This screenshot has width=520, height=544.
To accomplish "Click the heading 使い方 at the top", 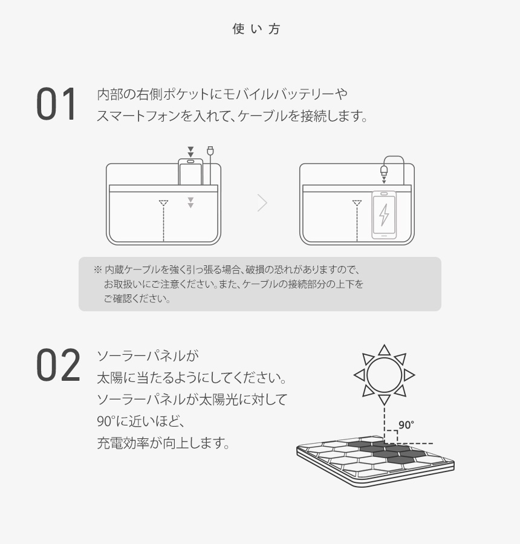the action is pos(256,29).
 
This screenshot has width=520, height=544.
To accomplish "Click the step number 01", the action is pos(56,104).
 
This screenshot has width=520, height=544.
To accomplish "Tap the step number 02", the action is pos(58,365).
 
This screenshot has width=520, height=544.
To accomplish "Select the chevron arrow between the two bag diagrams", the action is pos(262,202).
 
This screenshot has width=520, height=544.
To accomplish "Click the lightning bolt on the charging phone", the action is pos(384,215).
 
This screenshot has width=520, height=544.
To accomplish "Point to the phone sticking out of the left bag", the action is pos(190,172).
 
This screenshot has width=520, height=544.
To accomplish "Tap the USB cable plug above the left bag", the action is pos(210,151).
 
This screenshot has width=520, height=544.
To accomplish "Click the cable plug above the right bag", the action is pos(384,170).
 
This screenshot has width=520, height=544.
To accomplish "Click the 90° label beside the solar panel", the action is pos(406,425).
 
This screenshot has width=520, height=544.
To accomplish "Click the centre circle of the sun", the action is pos(385,375).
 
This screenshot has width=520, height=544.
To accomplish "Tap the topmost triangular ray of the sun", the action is pos(385,350).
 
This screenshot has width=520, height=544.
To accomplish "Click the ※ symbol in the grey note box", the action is pos(97,270).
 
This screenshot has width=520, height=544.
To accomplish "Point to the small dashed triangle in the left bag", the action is pos(163,203).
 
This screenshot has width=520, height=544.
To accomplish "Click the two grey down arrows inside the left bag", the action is pos(190,202).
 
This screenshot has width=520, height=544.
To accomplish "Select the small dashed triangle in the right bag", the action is pos(357,203).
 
